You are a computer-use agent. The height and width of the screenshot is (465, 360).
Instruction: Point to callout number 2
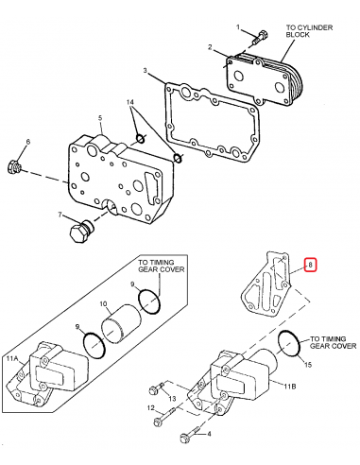click(210, 46)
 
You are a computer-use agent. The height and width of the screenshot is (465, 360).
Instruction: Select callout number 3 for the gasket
click(146, 72)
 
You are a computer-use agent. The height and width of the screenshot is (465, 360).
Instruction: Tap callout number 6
click(27, 142)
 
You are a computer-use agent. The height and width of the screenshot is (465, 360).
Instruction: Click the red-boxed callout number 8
click(309, 267)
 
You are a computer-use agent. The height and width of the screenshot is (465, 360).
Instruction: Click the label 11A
click(12, 360)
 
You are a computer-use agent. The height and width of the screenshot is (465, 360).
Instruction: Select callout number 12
click(149, 406)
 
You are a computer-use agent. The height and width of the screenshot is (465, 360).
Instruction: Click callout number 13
click(172, 399)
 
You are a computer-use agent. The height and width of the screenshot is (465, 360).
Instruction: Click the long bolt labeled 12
click(190, 436)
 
